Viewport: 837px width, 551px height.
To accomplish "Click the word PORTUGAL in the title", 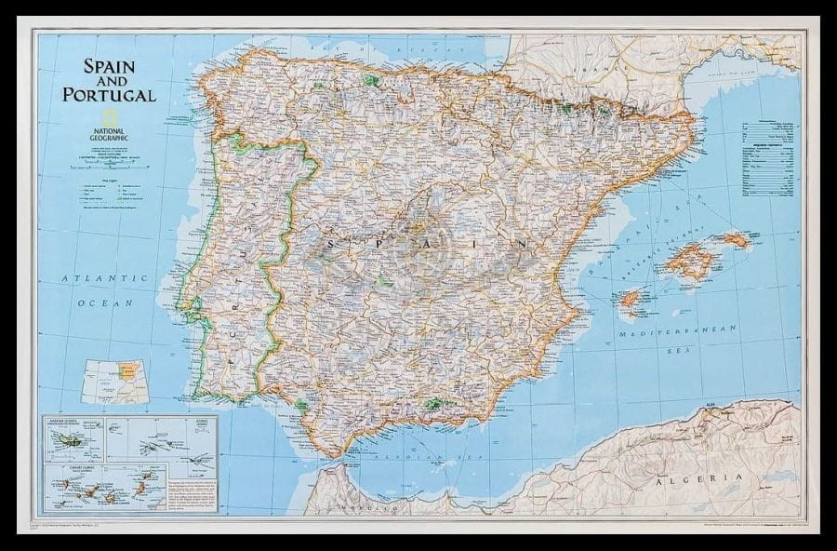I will coord(110,95).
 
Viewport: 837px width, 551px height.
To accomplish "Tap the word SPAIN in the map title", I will coord(110,67).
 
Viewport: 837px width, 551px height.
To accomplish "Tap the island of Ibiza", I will coord(631,300).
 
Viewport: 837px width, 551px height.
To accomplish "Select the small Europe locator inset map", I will coord(114,382).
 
